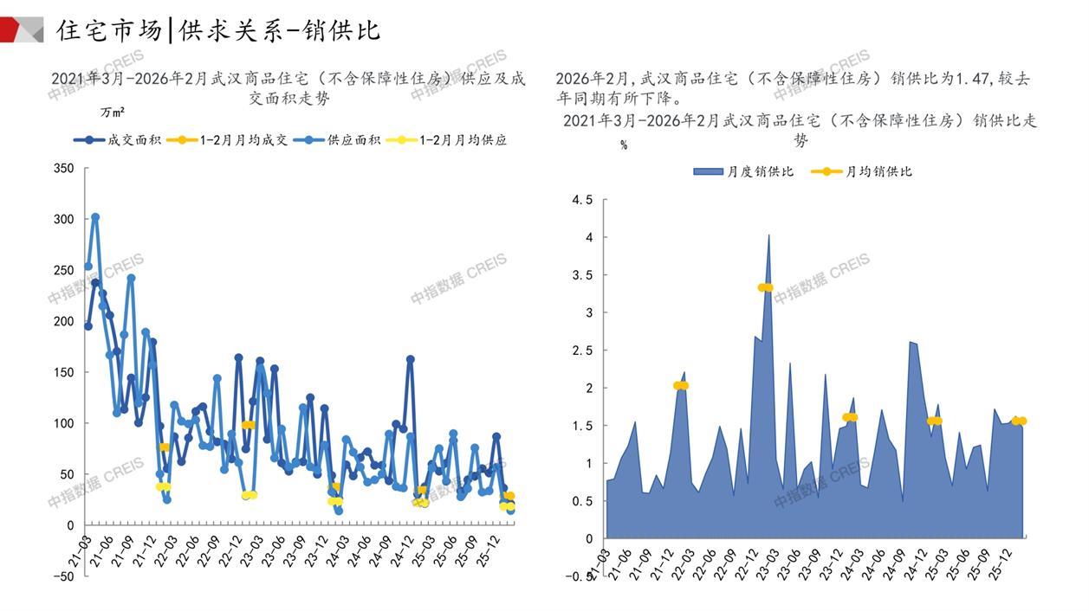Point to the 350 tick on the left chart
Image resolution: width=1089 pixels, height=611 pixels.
pyautogui.click(x=64, y=168)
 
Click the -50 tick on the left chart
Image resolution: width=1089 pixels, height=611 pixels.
pyautogui.click(x=62, y=576)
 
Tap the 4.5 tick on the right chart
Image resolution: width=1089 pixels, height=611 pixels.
pyautogui.click(x=583, y=200)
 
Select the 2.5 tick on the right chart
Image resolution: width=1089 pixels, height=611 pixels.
pyautogui.click(x=583, y=351)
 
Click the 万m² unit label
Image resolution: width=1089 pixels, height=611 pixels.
pyautogui.click(x=113, y=113)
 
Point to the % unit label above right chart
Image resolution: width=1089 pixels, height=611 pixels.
pyautogui.click(x=624, y=145)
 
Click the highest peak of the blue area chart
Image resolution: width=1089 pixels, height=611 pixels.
pyautogui.click(x=768, y=235)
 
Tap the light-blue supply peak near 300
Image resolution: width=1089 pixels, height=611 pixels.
pyautogui.click(x=95, y=217)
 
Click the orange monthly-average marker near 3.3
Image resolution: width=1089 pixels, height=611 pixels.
pyautogui.click(x=765, y=287)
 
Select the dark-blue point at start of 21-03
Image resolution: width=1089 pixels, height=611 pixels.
pyautogui.click(x=88, y=326)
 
